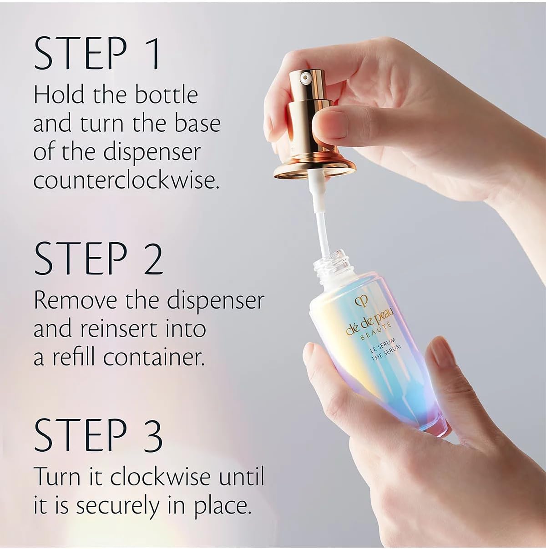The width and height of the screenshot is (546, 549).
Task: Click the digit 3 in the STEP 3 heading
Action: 152,435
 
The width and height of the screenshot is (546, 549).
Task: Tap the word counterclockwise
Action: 126,180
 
